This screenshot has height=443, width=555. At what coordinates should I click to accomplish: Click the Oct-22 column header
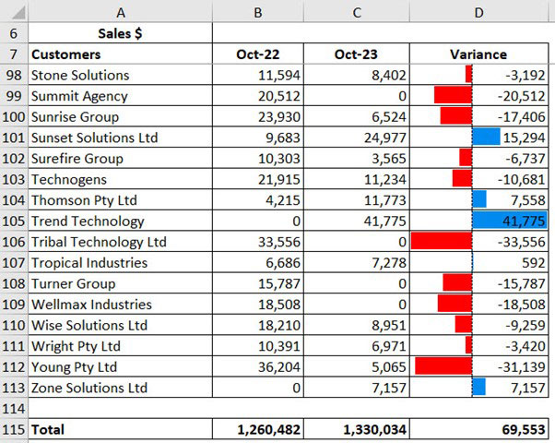pos(258,54)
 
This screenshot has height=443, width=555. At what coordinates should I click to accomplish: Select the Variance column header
pos(478,54)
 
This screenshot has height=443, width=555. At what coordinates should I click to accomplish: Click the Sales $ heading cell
pos(120,33)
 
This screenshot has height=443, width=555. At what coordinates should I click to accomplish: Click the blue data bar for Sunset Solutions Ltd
pos(486,138)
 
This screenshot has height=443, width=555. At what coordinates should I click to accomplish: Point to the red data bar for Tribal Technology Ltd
pos(441,242)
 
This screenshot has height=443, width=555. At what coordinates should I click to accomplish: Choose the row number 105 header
pos(14,221)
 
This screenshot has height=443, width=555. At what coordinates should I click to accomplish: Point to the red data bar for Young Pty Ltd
pos(443,366)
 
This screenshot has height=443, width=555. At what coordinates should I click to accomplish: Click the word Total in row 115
pos(48,429)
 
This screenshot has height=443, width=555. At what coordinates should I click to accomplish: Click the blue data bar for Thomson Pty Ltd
pos(479,200)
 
